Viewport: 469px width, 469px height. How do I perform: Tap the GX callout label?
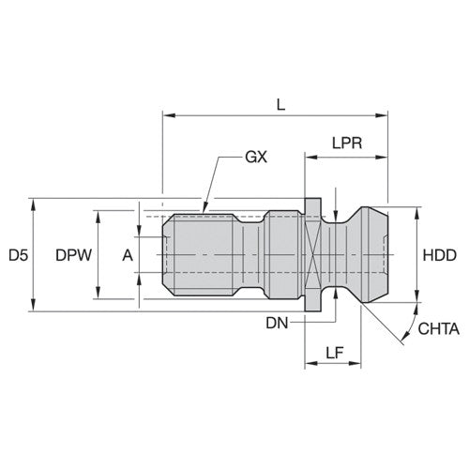point(255,157)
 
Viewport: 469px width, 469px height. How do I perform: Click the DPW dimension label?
point(71,254)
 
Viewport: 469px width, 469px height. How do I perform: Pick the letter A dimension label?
point(127,254)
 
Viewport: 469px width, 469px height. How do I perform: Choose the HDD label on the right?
point(439,254)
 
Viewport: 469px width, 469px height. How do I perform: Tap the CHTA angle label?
point(436,328)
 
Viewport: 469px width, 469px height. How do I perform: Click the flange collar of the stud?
point(312,254)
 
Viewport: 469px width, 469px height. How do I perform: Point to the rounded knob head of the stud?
point(366,254)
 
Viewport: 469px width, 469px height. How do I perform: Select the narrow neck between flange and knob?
point(334,254)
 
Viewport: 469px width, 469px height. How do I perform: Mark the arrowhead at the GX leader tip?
point(204,207)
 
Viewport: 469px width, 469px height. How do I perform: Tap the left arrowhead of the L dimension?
point(167,115)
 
